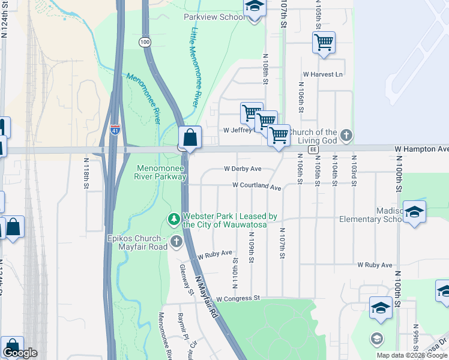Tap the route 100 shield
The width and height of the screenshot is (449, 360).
coord(144,41)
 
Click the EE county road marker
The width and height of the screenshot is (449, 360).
coord(312,149)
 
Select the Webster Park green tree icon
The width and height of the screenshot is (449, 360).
coord(174,219)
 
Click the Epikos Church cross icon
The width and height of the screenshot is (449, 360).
coord(176,242)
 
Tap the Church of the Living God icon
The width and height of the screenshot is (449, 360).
coord(346,136)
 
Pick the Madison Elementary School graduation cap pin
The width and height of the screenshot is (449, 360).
coord(414,212)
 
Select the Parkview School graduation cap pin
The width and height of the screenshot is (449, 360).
coord(255,7)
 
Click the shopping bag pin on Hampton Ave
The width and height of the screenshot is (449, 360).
coord(190,137)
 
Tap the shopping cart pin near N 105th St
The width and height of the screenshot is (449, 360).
coord(324,42)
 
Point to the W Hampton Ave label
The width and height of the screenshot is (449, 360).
coord(421,148)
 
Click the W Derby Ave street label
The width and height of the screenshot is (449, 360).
coord(243,169)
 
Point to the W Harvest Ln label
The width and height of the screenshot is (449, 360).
coord(322,74)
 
